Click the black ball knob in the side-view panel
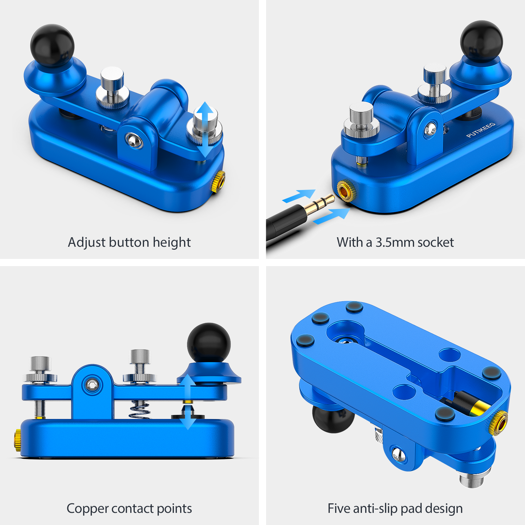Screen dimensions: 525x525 (x=209, y=344)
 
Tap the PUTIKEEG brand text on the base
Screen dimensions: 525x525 (x=481, y=130)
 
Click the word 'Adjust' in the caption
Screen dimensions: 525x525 (x=87, y=243)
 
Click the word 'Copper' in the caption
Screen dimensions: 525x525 (x=88, y=509)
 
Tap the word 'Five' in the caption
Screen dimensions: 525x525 (x=339, y=508)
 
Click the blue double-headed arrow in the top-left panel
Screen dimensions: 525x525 (x=205, y=129)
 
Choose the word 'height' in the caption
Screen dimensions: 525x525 (x=172, y=243)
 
